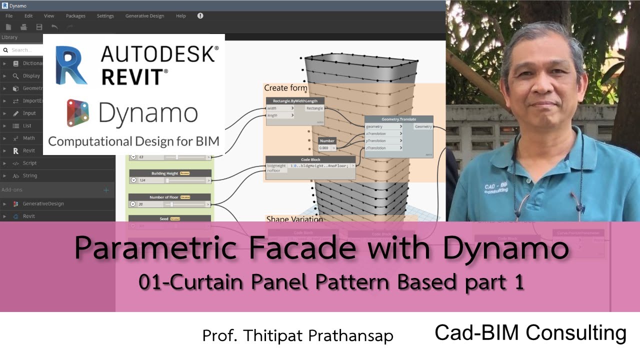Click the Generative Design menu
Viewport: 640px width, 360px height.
click(x=144, y=16)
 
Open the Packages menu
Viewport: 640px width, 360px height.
click(x=75, y=16)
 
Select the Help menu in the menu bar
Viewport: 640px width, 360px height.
click(x=180, y=16)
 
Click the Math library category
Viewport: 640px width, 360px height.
click(x=29, y=138)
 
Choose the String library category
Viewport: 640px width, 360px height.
click(x=30, y=175)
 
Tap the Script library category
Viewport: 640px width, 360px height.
click(x=29, y=163)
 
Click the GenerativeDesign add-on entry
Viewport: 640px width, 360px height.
click(x=43, y=203)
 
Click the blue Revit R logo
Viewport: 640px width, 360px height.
click(x=71, y=65)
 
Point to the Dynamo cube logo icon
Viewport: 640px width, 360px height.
click(x=78, y=113)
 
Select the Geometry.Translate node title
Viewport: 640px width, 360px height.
click(x=398, y=119)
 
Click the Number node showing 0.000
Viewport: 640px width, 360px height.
click(x=327, y=144)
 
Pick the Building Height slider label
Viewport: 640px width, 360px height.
click(x=164, y=173)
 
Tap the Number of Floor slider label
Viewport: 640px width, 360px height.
click(x=164, y=197)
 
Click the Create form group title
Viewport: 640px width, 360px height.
click(x=285, y=88)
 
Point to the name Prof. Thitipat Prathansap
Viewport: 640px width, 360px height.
click(x=297, y=336)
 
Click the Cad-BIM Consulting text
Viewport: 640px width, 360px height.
click(x=530, y=333)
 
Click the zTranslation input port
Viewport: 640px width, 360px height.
click(x=376, y=148)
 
